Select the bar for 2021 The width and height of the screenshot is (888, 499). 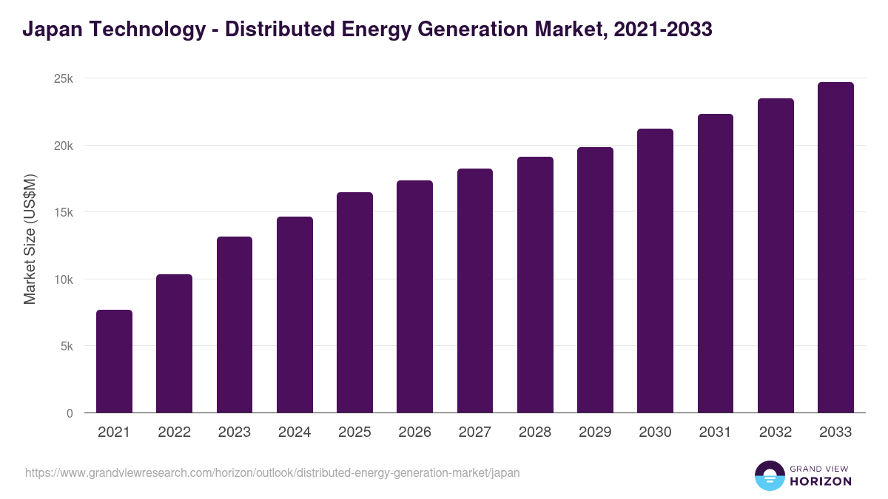tap(114, 361)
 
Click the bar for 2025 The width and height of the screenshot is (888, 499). tap(354, 303)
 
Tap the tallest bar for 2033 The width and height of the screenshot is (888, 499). tap(835, 248)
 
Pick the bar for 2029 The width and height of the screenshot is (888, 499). tap(595, 280)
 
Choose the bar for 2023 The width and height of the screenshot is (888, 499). tap(235, 325)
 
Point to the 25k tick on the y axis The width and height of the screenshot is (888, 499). tap(64, 79)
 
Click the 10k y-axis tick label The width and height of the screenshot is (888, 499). tap(64, 280)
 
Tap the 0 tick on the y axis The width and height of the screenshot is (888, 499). tap(70, 414)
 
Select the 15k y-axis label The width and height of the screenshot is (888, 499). tap(64, 213)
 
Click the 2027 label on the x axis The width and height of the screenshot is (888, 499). tap(474, 432)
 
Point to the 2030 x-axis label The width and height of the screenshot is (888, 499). tap(655, 432)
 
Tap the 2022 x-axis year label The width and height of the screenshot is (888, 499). tap(174, 432)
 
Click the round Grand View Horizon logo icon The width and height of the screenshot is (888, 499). tap(769, 476)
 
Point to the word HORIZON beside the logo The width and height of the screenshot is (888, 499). tap(821, 481)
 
